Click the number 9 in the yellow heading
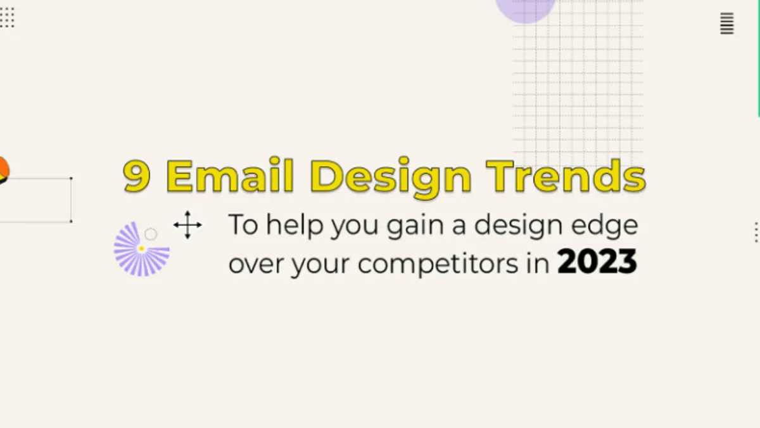tap(137, 176)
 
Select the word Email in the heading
tap(230, 174)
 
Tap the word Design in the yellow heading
tap(391, 178)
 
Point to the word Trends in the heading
tap(566, 175)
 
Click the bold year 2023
tap(597, 261)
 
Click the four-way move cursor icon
tap(187, 225)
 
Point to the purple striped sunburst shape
tap(141, 249)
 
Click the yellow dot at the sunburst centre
tap(141, 249)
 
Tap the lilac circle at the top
tap(525, 10)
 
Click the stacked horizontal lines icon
tap(727, 23)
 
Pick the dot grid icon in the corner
tap(7, 17)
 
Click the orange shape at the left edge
tap(4, 168)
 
